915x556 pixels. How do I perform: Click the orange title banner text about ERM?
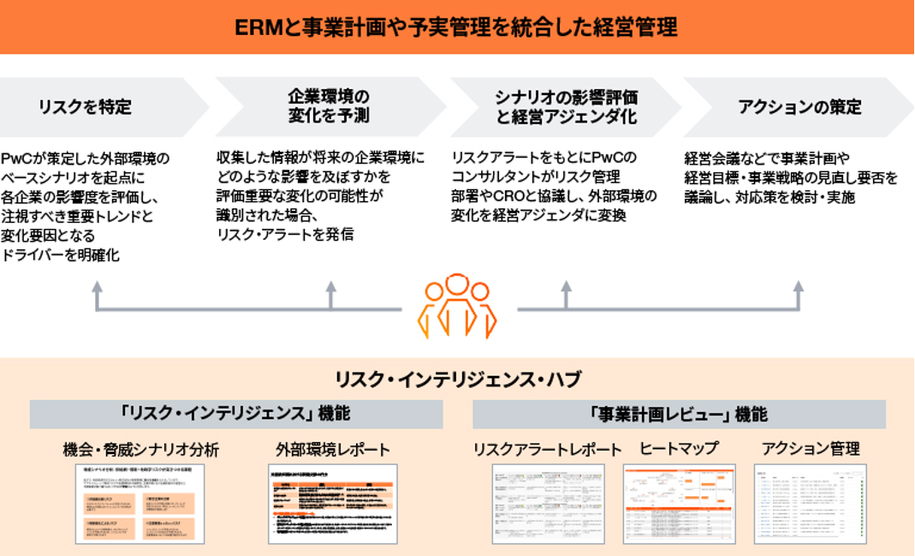456,27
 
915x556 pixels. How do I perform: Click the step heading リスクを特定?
85,107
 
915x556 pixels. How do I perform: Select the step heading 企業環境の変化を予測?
329,106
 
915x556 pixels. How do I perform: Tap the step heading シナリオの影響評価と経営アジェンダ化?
566,106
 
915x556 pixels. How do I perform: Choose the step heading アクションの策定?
799,107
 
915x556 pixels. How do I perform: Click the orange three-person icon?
457,305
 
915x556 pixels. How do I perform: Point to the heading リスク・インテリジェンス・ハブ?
456,379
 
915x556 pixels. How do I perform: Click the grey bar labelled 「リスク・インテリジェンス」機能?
235,414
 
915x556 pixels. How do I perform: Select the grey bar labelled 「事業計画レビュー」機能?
679,414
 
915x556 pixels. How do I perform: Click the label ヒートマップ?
678,449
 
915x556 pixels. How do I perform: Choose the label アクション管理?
810,449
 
